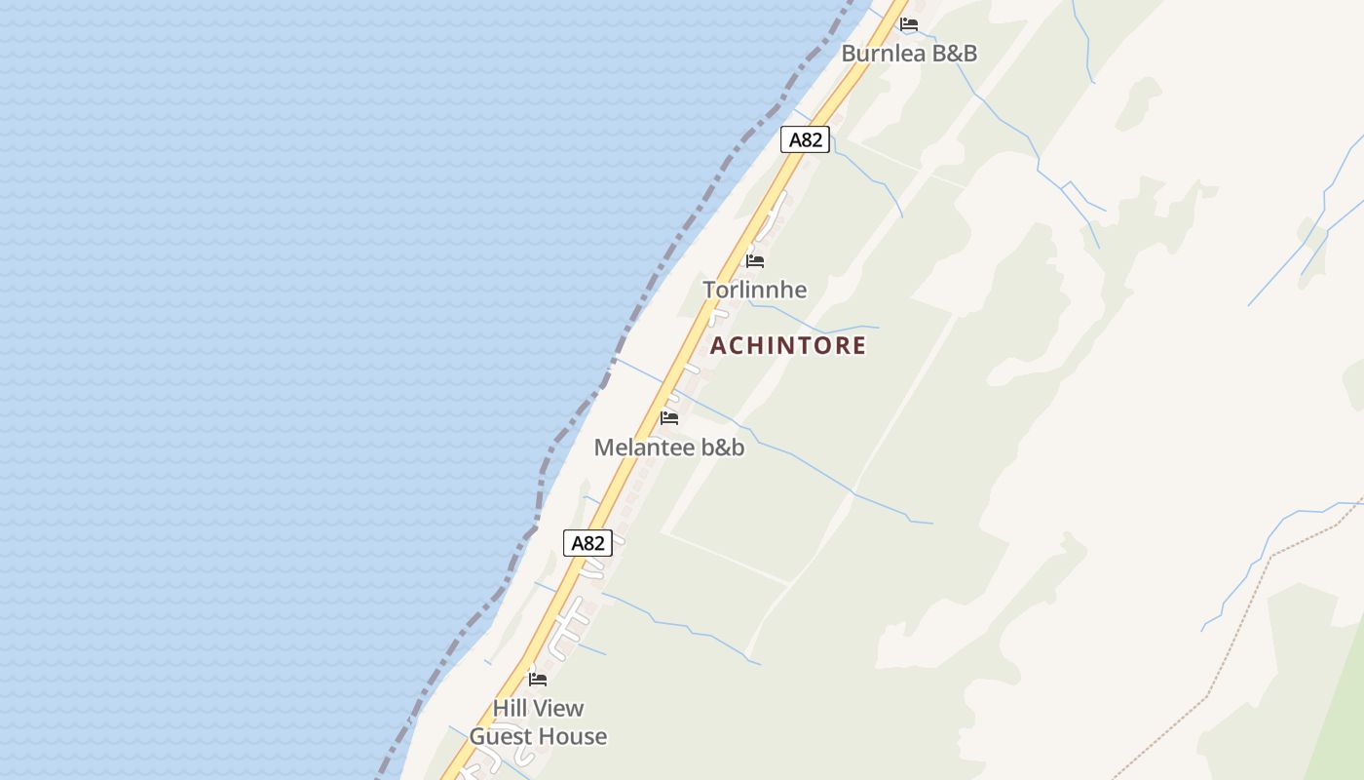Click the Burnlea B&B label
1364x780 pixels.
pos(908,53)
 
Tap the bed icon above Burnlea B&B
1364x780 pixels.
pos(909,24)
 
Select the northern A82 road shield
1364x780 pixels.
pos(805,139)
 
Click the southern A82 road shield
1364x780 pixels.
pos(587,543)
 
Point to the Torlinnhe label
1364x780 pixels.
pos(755,290)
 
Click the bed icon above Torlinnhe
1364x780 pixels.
pos(755,261)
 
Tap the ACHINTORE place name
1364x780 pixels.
pos(788,345)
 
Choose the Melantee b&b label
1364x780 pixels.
pos(669,448)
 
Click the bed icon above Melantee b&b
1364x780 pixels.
pos(669,418)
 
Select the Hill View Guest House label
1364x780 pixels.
pos(538,722)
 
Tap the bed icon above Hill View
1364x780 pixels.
pos(538,680)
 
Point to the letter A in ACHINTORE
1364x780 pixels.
pos(719,345)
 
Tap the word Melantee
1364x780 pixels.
pos(642,448)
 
